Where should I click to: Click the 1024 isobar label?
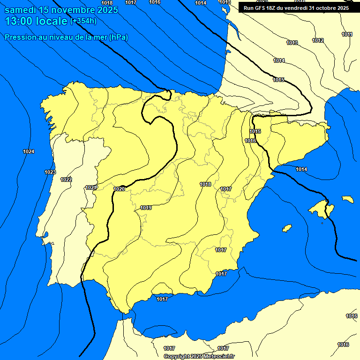click(28, 151)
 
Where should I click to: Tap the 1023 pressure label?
click(50, 172)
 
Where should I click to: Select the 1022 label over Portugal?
click(66, 180)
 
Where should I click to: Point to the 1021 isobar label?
click(91, 188)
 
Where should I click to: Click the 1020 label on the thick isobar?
click(119, 189)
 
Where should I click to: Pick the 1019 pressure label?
click(146, 208)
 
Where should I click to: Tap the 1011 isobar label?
click(347, 34)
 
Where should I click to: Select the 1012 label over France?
click(318, 40)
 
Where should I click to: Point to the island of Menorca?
click(347, 199)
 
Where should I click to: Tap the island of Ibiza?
click(286, 228)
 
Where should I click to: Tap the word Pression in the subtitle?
click(20, 37)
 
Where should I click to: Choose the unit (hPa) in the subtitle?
click(119, 37)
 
